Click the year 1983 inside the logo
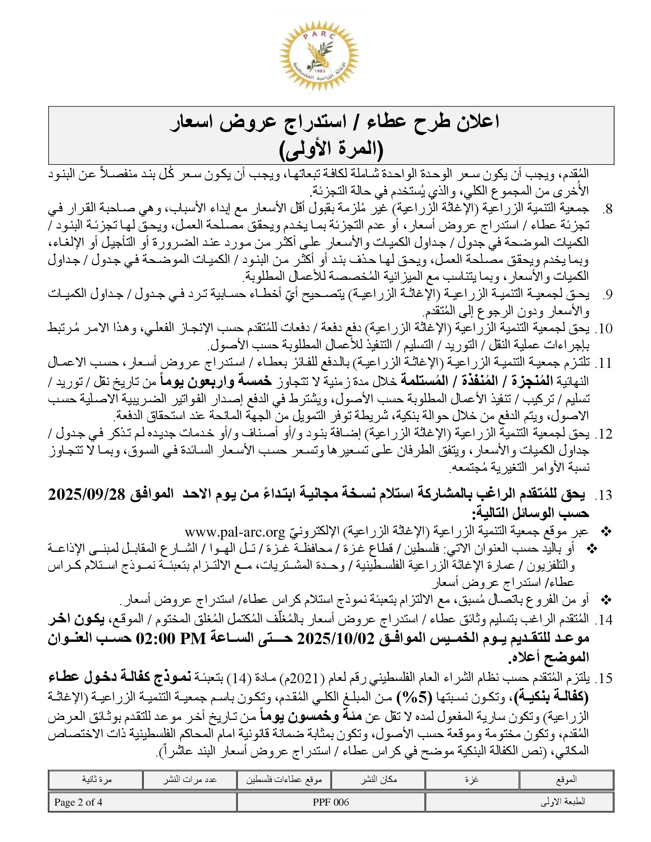[x=320, y=72]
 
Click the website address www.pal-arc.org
[x=235, y=532]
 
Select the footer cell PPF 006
[x=331, y=802]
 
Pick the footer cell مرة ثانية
[x=95, y=780]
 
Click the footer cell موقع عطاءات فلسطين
[x=284, y=780]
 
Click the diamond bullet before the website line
[x=607, y=532]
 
